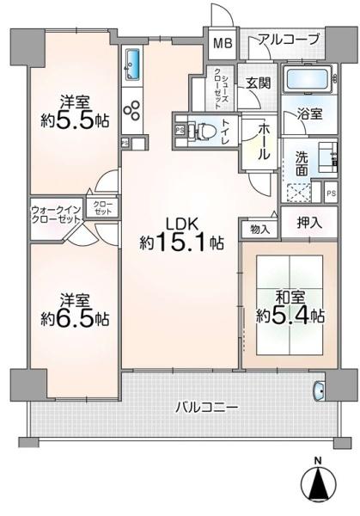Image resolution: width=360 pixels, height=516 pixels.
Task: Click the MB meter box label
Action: tap(223, 43)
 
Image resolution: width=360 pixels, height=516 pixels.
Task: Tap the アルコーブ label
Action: tap(289, 40)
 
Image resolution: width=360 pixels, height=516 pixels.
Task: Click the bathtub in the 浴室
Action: tap(308, 79)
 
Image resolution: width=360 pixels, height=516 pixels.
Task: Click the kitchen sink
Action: tap(133, 64)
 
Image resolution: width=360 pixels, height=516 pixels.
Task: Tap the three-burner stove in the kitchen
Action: tap(132, 110)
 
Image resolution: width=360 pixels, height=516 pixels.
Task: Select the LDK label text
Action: tap(182, 224)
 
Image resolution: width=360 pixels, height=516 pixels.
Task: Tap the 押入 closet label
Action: tap(308, 224)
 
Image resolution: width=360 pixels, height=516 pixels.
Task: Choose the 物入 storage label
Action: tap(259, 229)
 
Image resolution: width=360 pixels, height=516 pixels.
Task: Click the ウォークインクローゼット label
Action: tap(56, 214)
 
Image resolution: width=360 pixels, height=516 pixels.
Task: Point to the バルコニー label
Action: tap(206, 408)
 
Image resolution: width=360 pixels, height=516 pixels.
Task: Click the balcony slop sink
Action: tap(319, 390)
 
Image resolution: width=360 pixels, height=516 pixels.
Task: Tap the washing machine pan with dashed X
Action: tap(298, 192)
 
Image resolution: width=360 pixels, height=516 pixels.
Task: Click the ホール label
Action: tap(264, 141)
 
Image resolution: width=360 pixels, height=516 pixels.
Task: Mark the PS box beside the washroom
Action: tap(331, 193)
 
